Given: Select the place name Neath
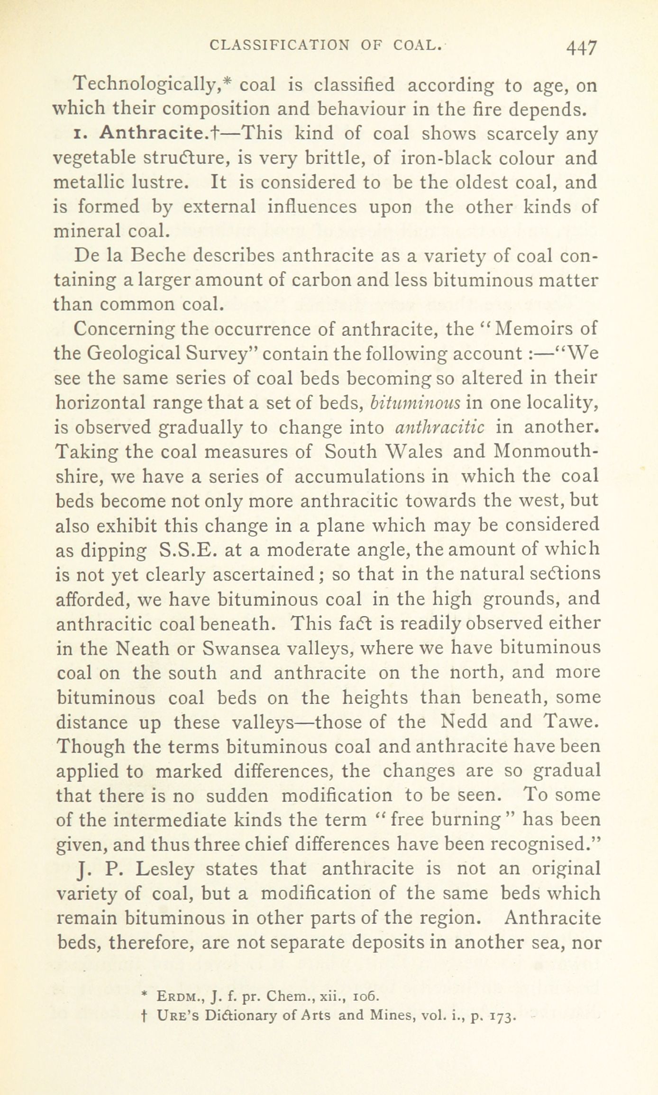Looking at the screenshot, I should (x=145, y=648).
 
